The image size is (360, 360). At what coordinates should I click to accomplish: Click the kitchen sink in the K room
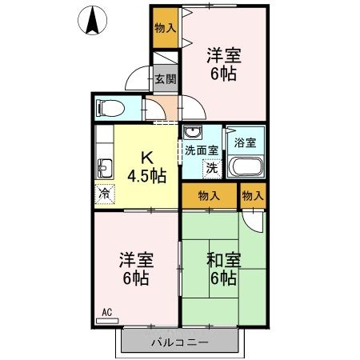[104, 167]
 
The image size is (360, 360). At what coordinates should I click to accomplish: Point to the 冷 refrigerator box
[104, 193]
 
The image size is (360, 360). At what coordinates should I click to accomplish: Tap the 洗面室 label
[202, 150]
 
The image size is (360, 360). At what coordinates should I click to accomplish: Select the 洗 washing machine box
[212, 168]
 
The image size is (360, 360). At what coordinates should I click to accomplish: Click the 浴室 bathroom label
[245, 143]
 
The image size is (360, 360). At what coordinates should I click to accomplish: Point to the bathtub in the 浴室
[246, 169]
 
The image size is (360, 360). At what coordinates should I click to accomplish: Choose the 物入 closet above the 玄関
[166, 28]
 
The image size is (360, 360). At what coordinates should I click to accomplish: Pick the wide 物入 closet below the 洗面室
[209, 194]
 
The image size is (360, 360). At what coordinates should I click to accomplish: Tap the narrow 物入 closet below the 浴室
[253, 194]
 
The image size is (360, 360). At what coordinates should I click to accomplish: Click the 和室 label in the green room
[223, 260]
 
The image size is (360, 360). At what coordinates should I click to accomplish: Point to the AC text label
[106, 312]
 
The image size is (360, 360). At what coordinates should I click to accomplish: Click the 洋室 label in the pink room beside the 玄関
[223, 56]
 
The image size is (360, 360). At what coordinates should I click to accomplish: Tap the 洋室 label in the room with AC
[135, 261]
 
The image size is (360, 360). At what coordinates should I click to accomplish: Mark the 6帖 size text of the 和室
[223, 279]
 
